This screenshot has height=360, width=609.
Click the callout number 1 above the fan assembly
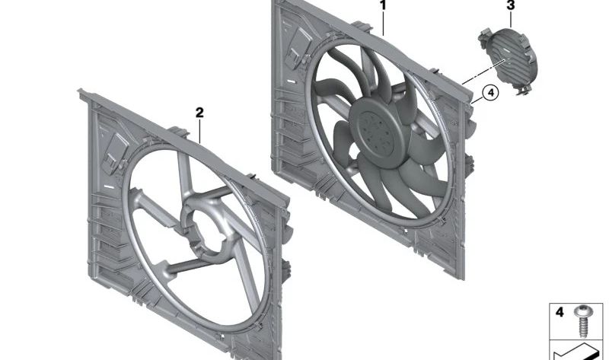click(x=383, y=5)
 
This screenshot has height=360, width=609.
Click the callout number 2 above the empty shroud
click(x=199, y=113)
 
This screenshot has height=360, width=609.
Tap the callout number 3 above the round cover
click(x=511, y=6)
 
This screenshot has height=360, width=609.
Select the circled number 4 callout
click(x=490, y=93)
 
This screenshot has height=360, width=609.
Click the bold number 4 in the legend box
click(x=558, y=313)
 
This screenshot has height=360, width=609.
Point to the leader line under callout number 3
click(x=511, y=19)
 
